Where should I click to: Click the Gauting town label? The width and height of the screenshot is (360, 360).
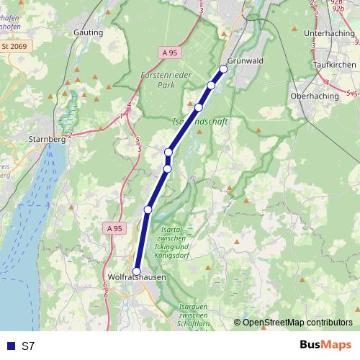pos(89,32)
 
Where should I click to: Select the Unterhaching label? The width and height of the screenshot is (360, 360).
pos(329,33)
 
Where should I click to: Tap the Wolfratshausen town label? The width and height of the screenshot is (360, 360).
pos(136,277)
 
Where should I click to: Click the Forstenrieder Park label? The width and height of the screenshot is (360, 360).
pos(164,78)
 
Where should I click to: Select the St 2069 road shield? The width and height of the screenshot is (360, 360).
pos(14,47)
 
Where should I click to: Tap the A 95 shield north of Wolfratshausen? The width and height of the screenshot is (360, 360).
pos(114,228)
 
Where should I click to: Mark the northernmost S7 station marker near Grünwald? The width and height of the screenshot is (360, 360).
pos(223,69)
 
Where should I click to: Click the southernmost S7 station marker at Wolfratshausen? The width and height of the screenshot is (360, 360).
pos(137,271)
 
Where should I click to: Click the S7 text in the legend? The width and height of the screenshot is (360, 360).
pos(28,346)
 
